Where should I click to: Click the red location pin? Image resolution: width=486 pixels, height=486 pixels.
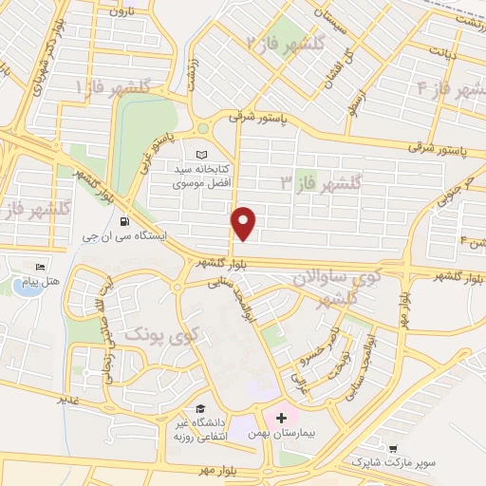pos(245,222)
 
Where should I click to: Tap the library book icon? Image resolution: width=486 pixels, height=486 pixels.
pos(199,155)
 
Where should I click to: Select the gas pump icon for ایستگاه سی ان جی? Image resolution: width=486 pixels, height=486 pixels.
pos(127,221)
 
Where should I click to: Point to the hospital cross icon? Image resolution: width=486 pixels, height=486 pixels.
pos(281,417)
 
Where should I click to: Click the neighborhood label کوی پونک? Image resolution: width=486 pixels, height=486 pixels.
pos(152,334)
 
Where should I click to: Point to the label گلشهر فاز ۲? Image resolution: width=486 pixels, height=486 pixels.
pos(285,44)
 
